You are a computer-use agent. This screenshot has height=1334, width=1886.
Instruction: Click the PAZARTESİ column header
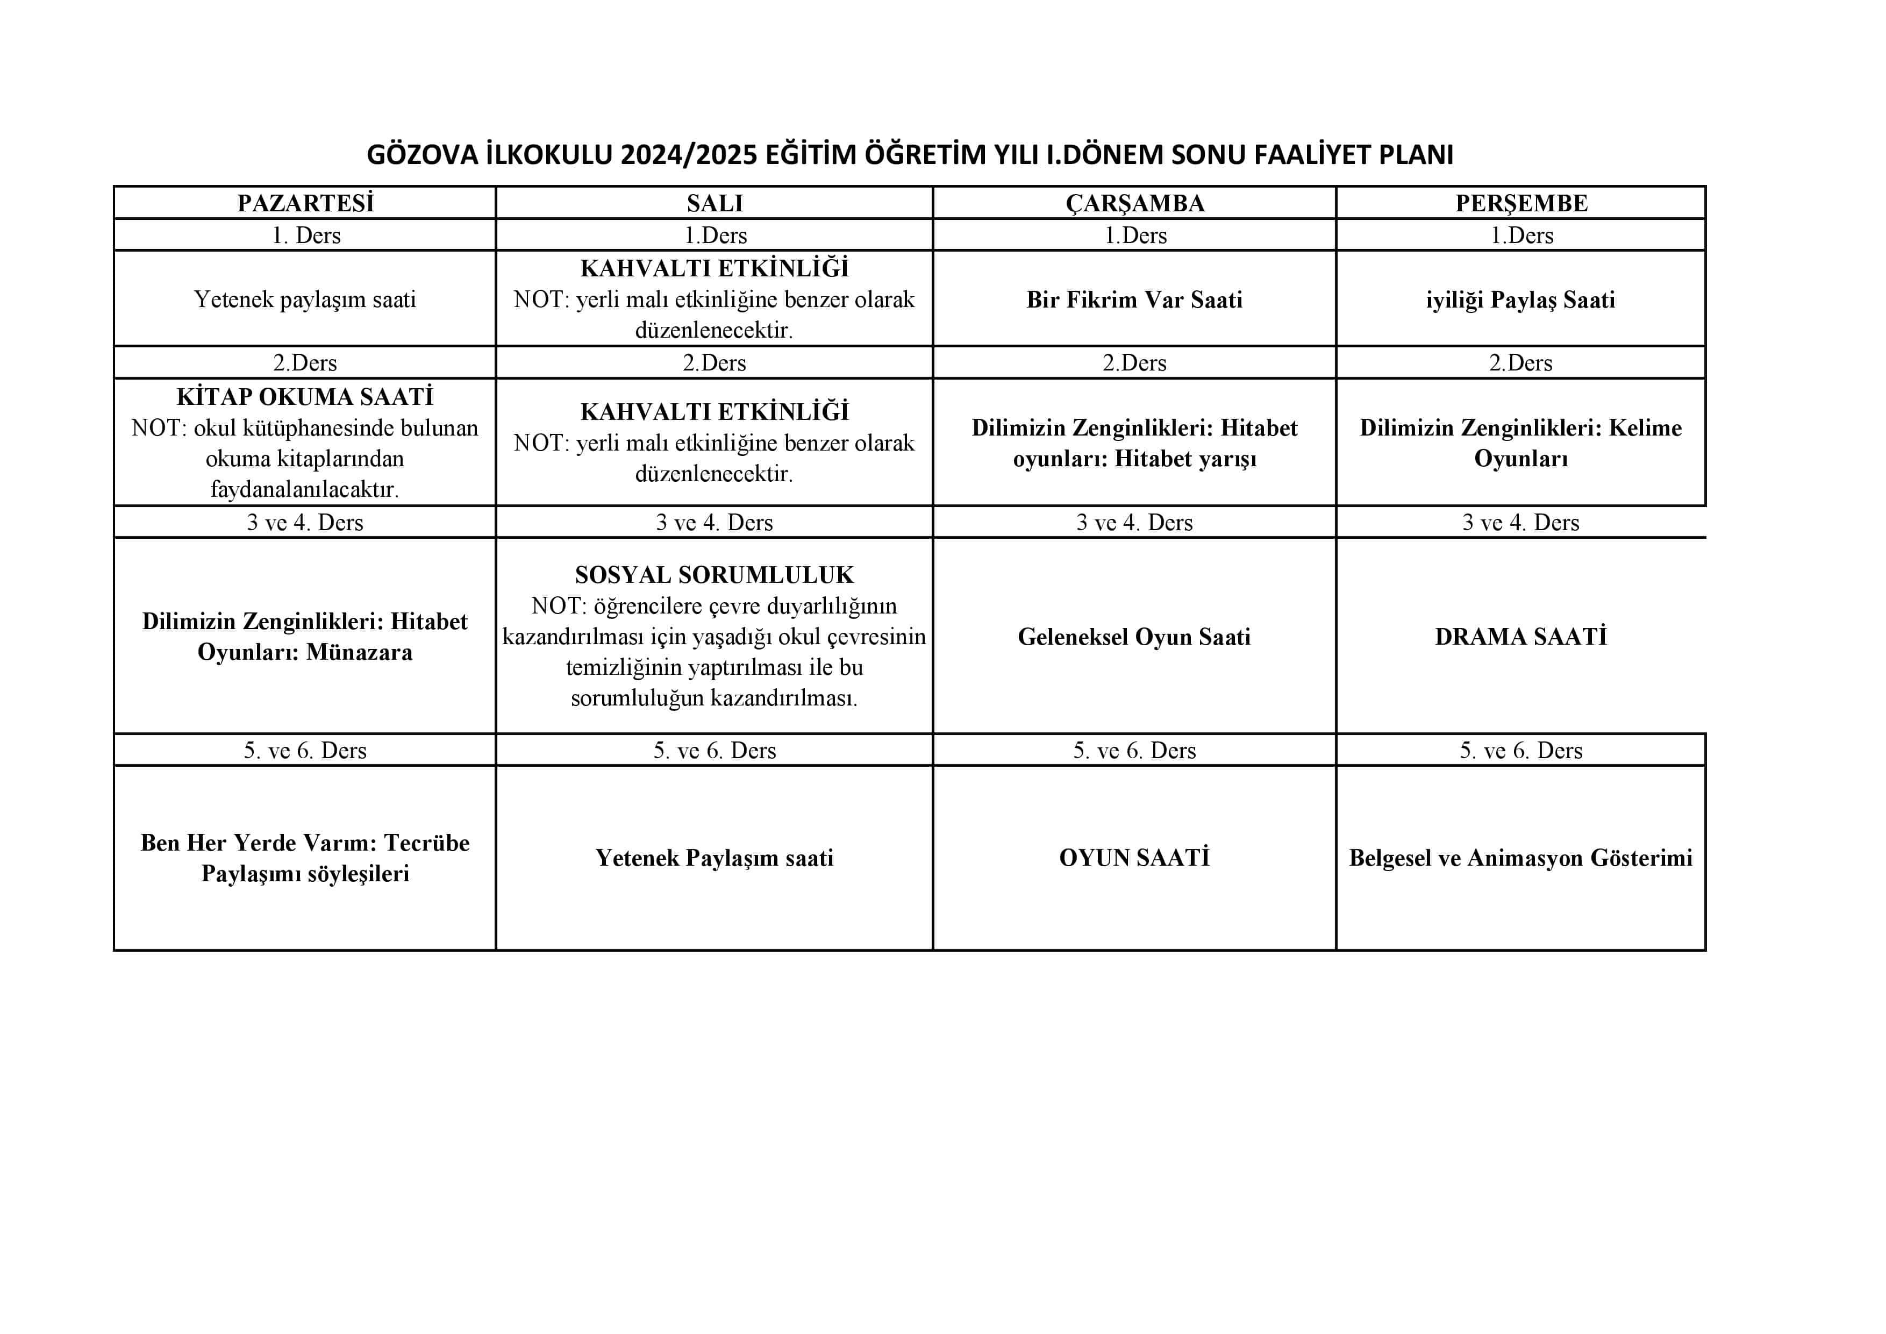305,203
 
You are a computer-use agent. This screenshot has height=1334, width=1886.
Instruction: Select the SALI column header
714,203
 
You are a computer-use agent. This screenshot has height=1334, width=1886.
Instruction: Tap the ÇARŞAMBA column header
1134,203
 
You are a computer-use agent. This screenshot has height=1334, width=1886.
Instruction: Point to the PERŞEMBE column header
1521,203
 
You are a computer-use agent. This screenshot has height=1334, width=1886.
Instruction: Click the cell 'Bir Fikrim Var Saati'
1134,300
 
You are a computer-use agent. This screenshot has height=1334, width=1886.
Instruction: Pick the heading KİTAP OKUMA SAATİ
305,397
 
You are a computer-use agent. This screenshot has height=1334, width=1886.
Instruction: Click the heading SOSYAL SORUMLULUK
714,575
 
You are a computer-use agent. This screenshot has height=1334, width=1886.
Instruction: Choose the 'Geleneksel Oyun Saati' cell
1134,637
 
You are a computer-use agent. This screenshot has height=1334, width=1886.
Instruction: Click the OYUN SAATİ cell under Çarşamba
1134,858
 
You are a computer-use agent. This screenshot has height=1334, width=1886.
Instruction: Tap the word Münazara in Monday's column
359,652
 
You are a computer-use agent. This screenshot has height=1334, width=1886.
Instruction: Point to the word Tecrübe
426,843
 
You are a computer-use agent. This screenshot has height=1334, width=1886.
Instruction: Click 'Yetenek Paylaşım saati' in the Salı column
714,858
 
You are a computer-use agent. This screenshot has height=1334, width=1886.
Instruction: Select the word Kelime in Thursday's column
1645,428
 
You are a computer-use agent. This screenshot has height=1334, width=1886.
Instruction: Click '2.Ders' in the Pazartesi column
305,362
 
